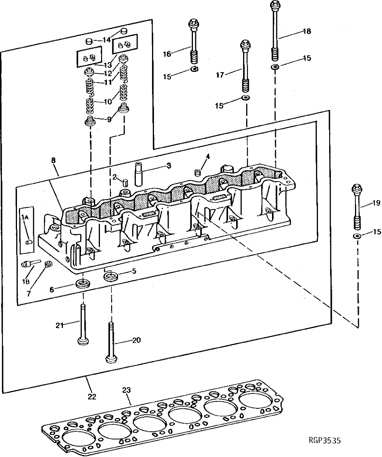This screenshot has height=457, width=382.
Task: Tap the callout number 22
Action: point(92,396)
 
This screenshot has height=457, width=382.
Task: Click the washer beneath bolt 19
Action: point(357,236)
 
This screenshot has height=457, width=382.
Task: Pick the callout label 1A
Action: point(25,218)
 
